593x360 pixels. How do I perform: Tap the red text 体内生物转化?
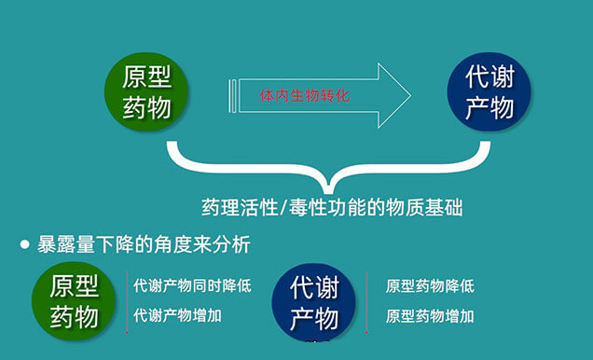click(305, 95)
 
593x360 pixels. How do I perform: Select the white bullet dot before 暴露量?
click(25, 245)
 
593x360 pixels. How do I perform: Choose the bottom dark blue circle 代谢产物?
click(313, 303)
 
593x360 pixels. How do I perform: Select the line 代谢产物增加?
click(178, 315)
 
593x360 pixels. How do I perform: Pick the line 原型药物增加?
click(430, 316)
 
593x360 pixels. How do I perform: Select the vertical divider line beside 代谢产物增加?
click(127, 315)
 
